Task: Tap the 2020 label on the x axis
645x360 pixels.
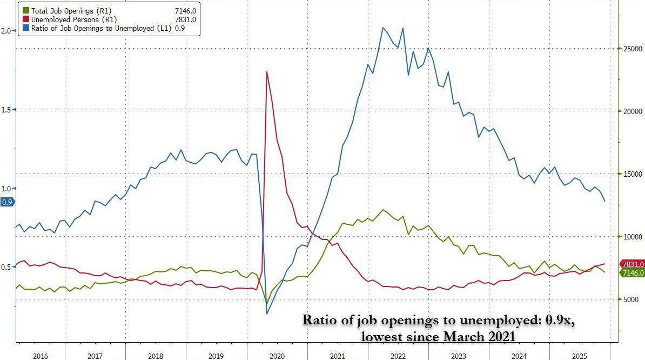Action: click(x=277, y=356)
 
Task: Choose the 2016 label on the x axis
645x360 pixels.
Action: click(x=41, y=356)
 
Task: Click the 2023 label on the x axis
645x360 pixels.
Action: click(x=458, y=356)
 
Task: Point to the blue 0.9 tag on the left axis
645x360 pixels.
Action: click(x=7, y=202)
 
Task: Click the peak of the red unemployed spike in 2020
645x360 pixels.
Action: click(x=266, y=72)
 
